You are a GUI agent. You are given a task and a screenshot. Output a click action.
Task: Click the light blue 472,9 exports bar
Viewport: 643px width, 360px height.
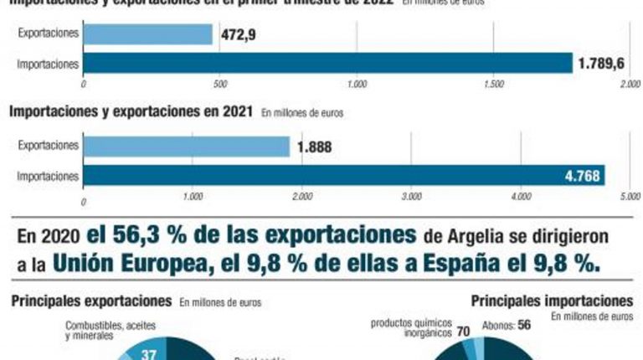click(147, 34)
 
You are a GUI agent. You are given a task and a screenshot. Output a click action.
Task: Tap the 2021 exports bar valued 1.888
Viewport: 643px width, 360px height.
click(186, 147)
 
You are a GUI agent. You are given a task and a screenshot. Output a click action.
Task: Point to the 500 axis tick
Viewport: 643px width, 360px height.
click(220, 85)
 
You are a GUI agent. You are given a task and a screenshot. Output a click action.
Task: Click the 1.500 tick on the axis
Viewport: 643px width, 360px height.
click(494, 85)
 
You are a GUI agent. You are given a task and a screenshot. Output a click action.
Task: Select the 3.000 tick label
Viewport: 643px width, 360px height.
click(411, 198)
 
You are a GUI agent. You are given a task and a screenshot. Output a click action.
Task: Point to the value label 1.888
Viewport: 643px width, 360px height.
click(315, 147)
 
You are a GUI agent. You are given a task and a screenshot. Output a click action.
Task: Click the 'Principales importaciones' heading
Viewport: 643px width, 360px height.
click(552, 300)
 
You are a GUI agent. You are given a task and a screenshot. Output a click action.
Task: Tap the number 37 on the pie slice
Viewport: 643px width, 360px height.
click(150, 354)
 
